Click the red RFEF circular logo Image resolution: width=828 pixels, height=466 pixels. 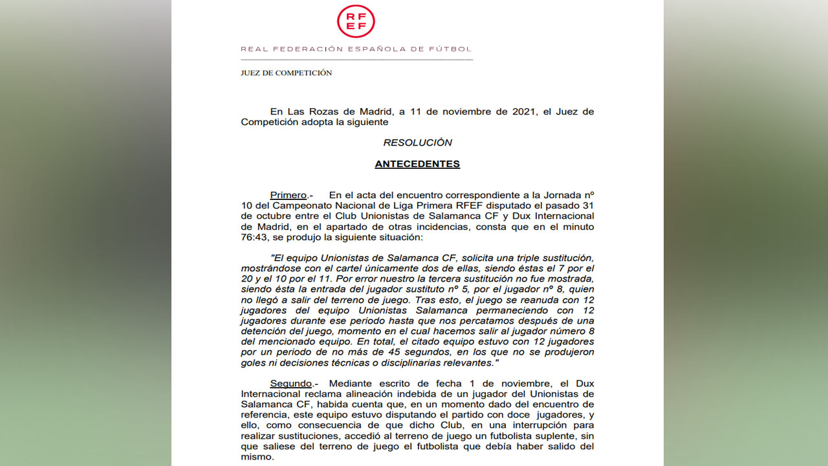point(356,21)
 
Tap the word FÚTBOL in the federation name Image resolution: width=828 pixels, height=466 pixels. point(454,49)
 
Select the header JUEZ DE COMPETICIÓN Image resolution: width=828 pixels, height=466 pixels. point(286,73)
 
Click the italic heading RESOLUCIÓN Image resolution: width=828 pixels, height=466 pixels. point(417,142)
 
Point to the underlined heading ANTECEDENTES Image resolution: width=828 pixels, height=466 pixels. point(417,164)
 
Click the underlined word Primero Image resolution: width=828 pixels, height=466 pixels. point(288,195)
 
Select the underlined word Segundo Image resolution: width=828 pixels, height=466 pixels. point(290,384)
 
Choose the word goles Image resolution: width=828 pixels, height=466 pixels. point(254,362)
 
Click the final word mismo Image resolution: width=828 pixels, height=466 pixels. point(256,456)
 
